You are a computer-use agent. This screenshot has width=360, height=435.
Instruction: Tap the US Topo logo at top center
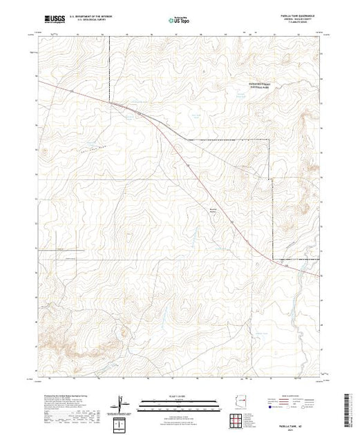point(180,20)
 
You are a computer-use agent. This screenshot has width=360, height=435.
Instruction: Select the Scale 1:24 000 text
point(180,397)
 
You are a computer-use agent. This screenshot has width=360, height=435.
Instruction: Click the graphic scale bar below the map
point(180,403)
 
